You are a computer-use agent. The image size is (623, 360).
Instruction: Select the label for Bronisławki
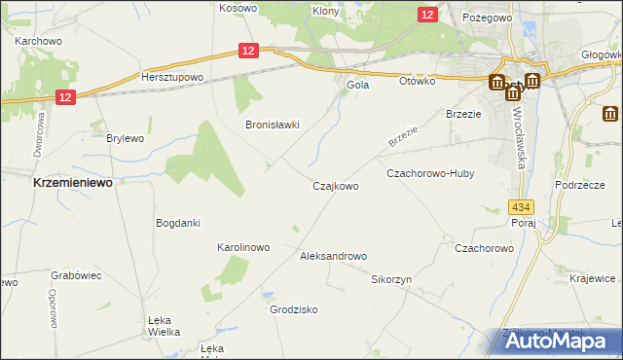click(x=272, y=125)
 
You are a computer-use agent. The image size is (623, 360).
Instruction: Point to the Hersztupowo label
click(x=171, y=77)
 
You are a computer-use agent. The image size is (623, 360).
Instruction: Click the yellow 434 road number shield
click(x=521, y=207)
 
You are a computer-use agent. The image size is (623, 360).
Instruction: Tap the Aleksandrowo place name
click(x=333, y=256)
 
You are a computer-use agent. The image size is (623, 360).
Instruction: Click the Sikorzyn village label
click(x=391, y=278)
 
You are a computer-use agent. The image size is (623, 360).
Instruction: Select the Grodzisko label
click(x=293, y=309)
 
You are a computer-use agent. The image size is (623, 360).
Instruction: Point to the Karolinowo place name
click(x=242, y=247)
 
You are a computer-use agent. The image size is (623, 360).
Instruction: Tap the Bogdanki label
click(x=178, y=223)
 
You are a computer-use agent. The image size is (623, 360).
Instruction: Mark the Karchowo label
click(x=39, y=42)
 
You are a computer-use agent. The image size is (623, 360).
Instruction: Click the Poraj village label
click(x=524, y=222)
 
